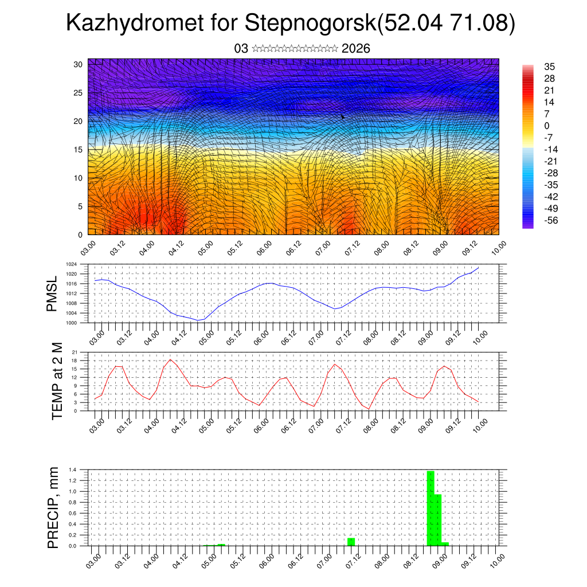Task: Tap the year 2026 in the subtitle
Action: tap(355, 49)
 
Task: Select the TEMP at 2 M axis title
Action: tap(57, 380)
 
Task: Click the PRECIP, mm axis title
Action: tap(53, 507)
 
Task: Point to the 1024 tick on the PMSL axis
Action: tap(71, 264)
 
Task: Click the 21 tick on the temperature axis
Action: tap(75, 352)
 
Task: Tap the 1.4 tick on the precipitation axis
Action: tap(72, 469)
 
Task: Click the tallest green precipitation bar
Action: tap(431, 508)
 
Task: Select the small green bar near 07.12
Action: tap(351, 542)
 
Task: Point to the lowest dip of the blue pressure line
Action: tap(198, 320)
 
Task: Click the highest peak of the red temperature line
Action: tap(171, 359)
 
